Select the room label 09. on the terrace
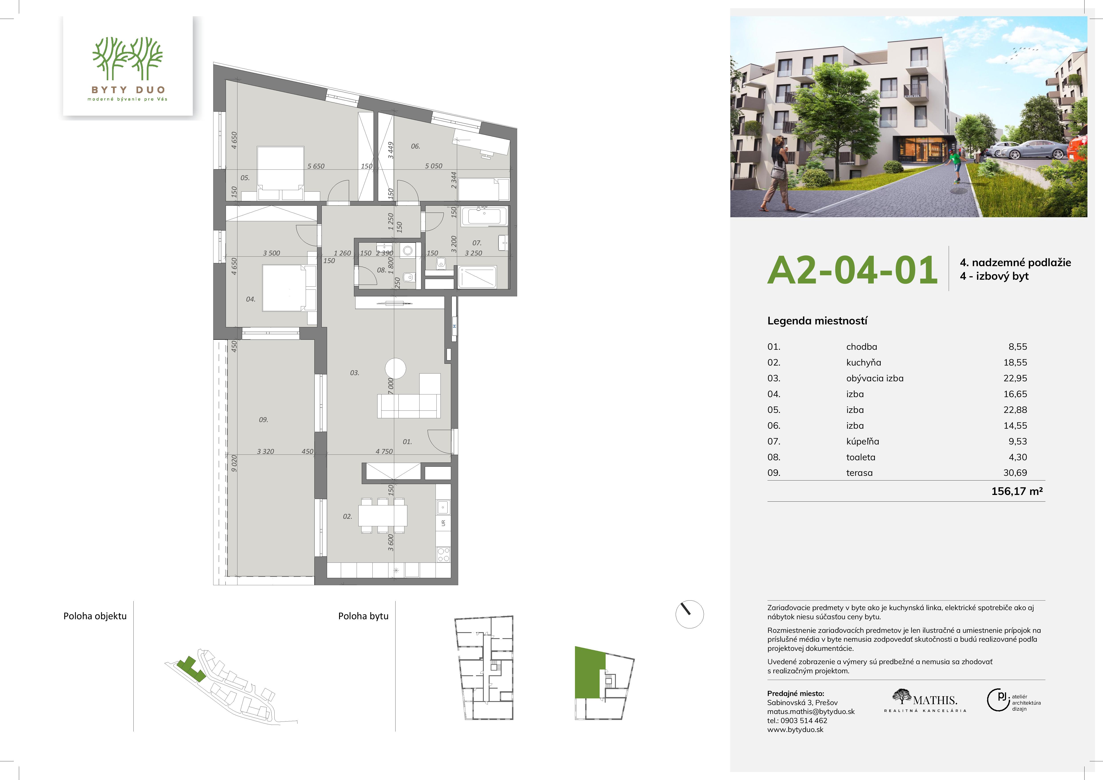tap(263, 420)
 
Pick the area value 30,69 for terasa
tap(1015, 473)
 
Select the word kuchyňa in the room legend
tap(864, 363)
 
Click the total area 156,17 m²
tap(1017, 491)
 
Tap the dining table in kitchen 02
tap(383, 515)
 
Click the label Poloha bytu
tap(363, 616)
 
